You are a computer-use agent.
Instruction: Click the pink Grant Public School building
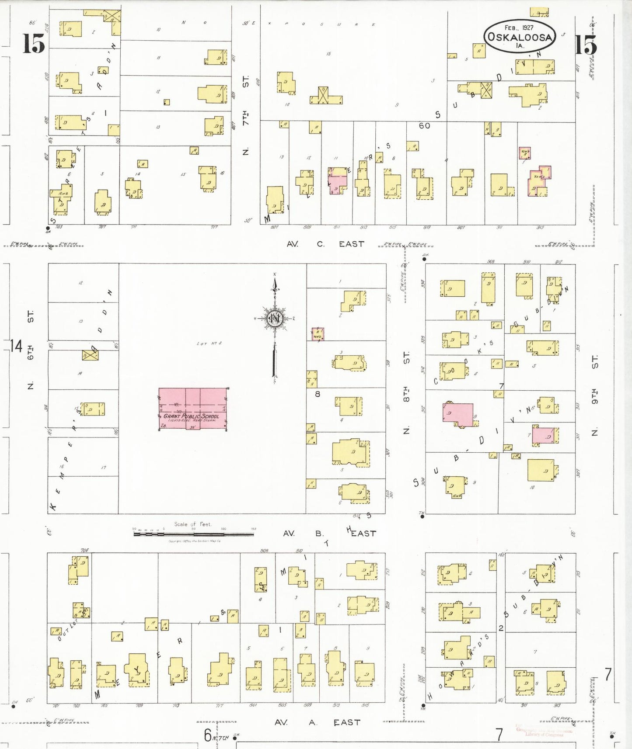[192, 409]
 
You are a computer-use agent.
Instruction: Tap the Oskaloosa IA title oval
[519, 36]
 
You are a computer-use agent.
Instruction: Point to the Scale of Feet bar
[193, 533]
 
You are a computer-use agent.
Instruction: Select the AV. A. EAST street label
[317, 722]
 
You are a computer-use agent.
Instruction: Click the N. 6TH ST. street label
[31, 350]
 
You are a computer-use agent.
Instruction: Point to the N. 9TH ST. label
[594, 395]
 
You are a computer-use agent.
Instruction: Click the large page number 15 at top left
[34, 43]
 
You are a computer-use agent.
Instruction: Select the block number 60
[424, 126]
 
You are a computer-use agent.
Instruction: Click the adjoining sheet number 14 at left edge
[16, 346]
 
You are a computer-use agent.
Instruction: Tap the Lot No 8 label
[209, 343]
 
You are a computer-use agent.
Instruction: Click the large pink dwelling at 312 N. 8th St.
[458, 414]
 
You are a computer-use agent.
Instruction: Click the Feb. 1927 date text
[519, 27]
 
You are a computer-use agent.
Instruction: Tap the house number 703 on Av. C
[59, 227]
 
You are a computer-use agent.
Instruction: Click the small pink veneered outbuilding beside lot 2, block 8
[318, 334]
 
